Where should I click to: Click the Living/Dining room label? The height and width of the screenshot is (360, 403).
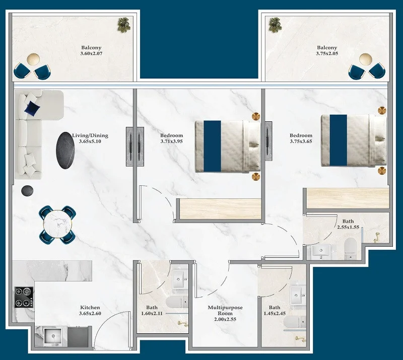(90, 135)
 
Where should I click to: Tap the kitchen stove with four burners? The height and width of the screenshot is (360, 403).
(24, 297)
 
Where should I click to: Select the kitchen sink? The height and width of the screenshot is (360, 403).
(53, 336)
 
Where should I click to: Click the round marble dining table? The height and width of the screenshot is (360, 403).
(57, 225)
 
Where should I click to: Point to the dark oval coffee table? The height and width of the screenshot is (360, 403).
(65, 151)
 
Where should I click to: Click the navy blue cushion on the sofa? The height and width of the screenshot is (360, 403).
(32, 109)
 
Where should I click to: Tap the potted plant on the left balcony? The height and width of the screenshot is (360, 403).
(124, 25)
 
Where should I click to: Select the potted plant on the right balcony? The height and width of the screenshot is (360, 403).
(275, 25)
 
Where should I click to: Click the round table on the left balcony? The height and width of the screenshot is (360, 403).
(33, 59)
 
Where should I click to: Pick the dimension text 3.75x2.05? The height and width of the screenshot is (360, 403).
(327, 53)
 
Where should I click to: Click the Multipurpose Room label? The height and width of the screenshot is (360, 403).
(225, 311)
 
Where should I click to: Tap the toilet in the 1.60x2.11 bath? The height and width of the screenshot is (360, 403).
(177, 302)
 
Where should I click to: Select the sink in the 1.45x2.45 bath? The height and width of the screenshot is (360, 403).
(298, 295)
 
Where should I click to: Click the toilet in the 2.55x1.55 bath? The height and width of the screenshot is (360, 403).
(350, 249)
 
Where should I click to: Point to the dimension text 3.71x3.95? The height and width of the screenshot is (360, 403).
(171, 141)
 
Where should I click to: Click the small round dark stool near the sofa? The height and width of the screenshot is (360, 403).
(27, 191)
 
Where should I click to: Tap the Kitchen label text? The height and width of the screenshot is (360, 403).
(90, 307)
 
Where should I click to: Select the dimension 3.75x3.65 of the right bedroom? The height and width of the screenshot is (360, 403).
(301, 141)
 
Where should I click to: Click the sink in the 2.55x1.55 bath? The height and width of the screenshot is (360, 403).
(321, 251)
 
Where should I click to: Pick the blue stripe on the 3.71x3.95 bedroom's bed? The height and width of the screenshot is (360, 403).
(212, 146)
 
